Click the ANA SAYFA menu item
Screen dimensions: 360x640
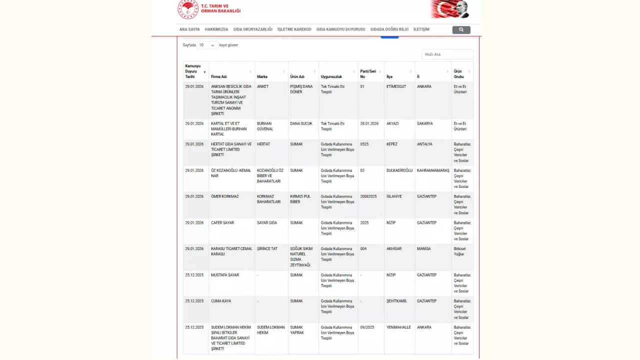pos(189,29)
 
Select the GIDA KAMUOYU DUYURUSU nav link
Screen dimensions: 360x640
pos(340,29)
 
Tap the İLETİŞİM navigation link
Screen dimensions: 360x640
pos(421,29)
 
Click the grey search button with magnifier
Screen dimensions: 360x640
pos(461,30)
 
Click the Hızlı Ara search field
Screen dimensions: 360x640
pos(447,54)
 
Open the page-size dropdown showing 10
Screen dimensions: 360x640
pos(207,45)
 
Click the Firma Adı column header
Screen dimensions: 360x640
pos(219,76)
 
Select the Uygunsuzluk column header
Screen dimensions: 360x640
pos(331,76)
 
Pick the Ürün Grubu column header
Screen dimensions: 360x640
pos(458,74)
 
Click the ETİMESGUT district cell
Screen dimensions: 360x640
pos(396,86)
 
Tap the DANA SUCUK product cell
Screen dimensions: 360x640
pos(301,123)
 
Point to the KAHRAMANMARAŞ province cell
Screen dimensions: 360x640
pos(433,170)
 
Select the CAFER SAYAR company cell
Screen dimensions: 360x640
pos(222,222)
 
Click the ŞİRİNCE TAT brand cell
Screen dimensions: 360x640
pos(267,248)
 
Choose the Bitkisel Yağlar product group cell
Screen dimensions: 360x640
pos(459,251)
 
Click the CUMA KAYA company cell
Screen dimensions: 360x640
pos(220,301)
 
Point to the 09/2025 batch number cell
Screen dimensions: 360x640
pos(367,327)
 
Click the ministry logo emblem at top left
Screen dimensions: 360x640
pos(188,9)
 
